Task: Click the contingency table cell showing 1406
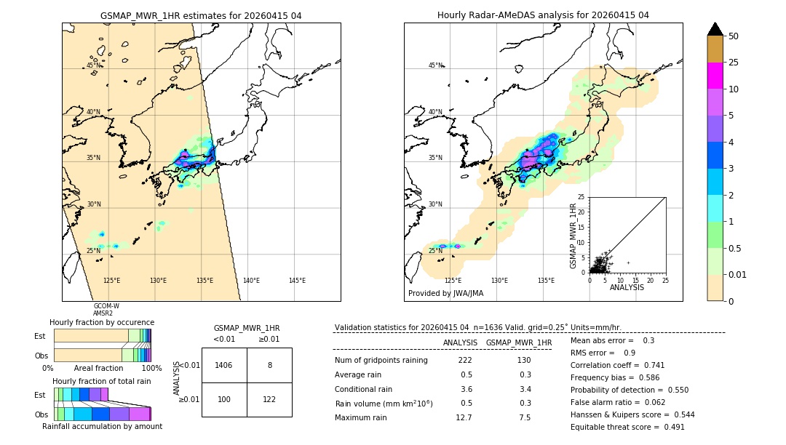[224, 366]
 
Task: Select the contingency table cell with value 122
[269, 400]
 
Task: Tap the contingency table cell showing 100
[224, 400]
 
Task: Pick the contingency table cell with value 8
[269, 366]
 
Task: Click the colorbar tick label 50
[734, 36]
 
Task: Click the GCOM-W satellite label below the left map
[106, 306]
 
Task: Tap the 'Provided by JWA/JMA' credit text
[445, 294]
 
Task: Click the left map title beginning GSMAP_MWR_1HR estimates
[201, 15]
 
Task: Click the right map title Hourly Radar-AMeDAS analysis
[543, 15]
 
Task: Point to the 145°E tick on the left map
[297, 281]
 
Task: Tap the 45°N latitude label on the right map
[435, 65]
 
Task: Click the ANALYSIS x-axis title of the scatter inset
[627, 287]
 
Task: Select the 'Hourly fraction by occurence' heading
[102, 322]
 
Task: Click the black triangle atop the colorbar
[715, 29]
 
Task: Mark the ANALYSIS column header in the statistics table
[460, 342]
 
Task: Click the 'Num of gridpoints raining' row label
[381, 361]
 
